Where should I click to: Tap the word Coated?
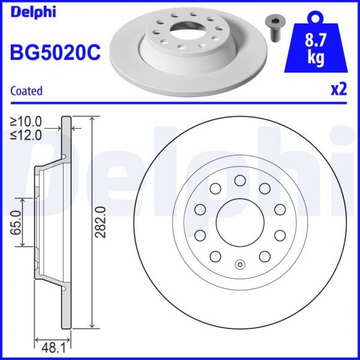pos(26,91)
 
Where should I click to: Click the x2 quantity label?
pos(338,90)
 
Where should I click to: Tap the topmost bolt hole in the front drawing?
pos(240,180)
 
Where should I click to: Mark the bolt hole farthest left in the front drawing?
pos(200,209)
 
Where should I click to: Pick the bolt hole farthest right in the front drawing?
pos(280,209)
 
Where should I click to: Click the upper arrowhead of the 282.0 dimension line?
pos(91,117)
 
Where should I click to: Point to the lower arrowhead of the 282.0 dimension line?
pos(91,327)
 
